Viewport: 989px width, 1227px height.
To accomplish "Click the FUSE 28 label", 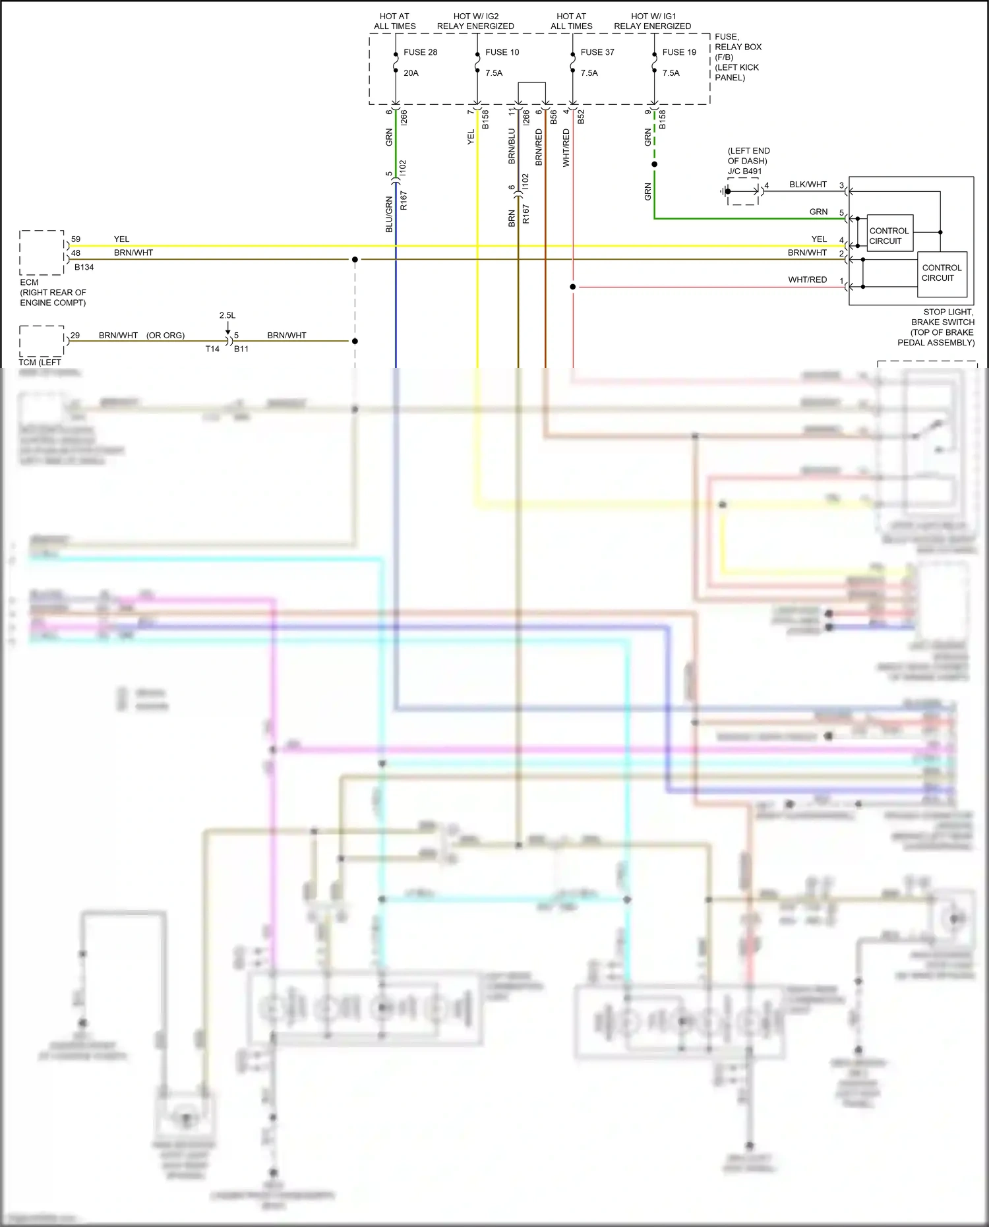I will [420, 52].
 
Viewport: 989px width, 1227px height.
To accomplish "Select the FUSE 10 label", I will [502, 52].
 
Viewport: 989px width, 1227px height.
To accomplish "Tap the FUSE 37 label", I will [597, 52].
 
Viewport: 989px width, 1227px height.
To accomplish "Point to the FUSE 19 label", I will [679, 52].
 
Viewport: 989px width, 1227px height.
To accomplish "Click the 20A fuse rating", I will [411, 73].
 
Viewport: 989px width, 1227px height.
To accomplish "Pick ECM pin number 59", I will [76, 239].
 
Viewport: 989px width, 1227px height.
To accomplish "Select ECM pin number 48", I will [76, 253].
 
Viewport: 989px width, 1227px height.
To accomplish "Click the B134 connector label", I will [84, 267].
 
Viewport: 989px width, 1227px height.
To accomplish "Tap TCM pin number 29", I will [75, 336].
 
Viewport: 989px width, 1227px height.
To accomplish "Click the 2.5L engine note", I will [227, 315].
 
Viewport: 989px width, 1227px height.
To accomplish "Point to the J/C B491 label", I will [744, 171].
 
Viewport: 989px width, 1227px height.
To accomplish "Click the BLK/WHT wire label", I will [808, 185].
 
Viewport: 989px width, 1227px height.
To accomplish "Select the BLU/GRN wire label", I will [389, 214].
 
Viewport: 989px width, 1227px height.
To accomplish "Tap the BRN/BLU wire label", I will [512, 146].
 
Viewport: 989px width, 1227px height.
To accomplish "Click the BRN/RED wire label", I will [539, 146].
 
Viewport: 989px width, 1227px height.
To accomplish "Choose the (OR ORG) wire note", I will [165, 336].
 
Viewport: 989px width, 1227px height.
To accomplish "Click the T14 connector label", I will [212, 349].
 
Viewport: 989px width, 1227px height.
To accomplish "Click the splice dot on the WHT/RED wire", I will [573, 287].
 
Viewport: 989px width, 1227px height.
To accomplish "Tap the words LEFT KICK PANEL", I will [736, 73].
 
